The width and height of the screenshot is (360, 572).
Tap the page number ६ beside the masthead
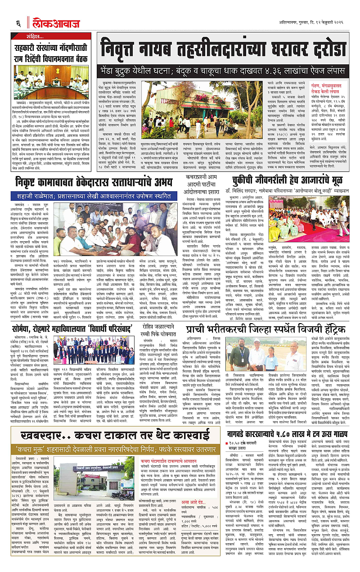(x=19, y=22)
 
